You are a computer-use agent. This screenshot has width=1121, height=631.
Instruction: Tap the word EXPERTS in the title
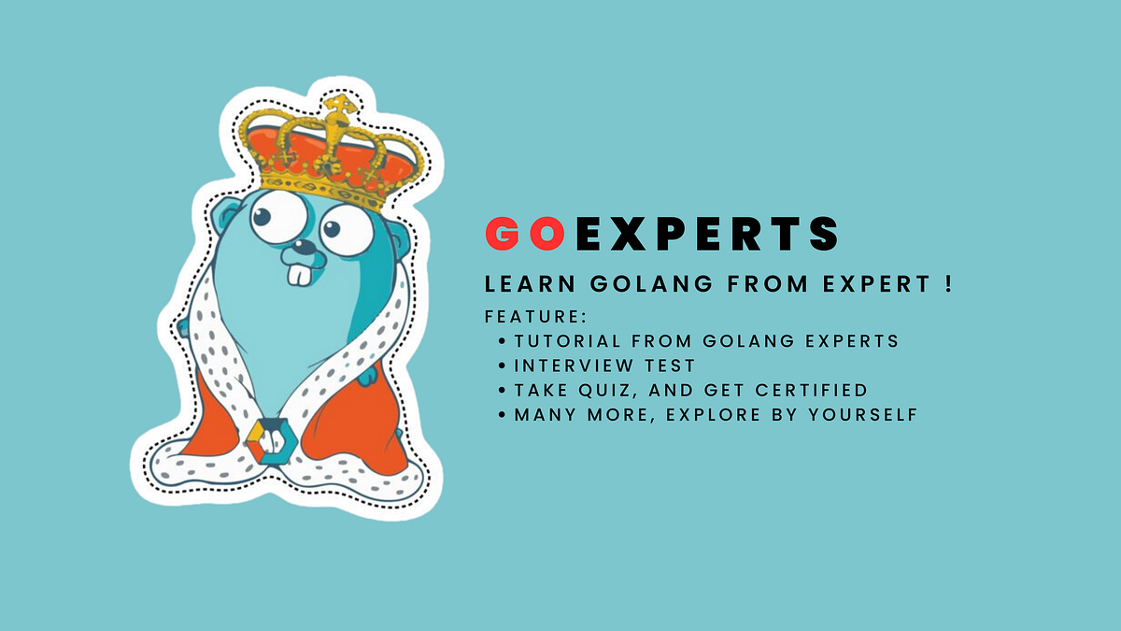tap(707, 234)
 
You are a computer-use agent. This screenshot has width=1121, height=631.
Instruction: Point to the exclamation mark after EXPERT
tap(947, 284)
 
